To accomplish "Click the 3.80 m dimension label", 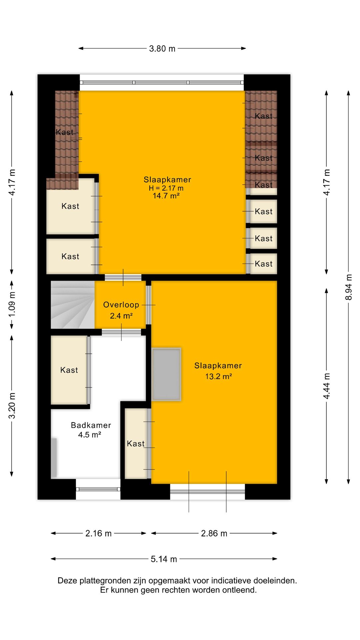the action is click(x=162, y=49).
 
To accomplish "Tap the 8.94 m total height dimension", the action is click(x=349, y=287).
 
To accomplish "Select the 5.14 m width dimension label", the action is click(x=164, y=559).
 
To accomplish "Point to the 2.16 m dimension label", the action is click(x=98, y=533).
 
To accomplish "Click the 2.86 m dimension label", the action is click(x=214, y=533).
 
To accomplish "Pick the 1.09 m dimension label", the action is click(x=12, y=305).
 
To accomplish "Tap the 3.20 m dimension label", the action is click(x=12, y=406).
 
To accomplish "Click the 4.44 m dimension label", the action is click(x=327, y=386).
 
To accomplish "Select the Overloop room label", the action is click(x=121, y=305).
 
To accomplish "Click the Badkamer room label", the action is click(x=91, y=425).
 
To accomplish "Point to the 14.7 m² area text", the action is click(x=166, y=196).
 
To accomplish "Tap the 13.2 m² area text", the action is click(x=218, y=377).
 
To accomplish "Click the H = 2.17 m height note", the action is click(x=166, y=188).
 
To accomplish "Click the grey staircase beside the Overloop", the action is click(x=73, y=305).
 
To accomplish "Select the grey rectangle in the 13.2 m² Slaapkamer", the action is click(x=166, y=374).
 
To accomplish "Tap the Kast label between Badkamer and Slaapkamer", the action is click(x=136, y=444).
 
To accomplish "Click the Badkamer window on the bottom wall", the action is click(x=98, y=489).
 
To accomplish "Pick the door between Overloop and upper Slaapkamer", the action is click(x=123, y=277).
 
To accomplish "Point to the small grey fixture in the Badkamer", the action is click(x=54, y=457).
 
